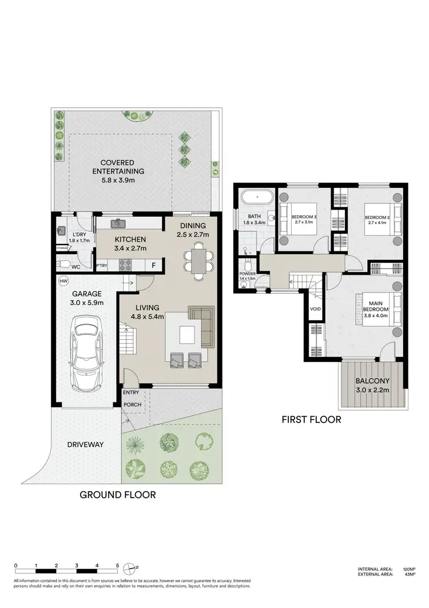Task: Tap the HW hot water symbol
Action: [63, 281]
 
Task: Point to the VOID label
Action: [315, 309]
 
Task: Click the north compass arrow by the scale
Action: [133, 567]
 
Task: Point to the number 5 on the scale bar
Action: [117, 566]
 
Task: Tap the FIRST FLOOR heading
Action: [311, 420]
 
